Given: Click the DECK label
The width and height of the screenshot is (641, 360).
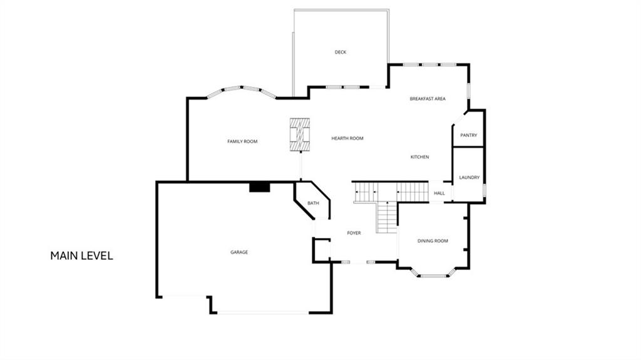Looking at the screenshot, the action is (x=341, y=52).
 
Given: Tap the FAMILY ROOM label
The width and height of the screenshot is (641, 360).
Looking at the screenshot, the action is (x=242, y=141).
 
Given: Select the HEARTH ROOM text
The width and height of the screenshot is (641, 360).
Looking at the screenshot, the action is (x=347, y=138).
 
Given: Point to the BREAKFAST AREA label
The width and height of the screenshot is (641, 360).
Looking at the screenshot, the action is (x=428, y=98).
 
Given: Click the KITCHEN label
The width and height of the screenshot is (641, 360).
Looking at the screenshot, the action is (x=420, y=157).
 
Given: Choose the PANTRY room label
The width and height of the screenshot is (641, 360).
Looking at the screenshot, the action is (x=468, y=135).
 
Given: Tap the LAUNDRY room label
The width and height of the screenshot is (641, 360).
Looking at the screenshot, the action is (x=469, y=178).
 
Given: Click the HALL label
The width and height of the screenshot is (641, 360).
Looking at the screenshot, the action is (x=439, y=193).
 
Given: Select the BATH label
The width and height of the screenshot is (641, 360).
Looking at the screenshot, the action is (x=313, y=203).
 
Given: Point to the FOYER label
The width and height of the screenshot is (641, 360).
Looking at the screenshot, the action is (x=354, y=233).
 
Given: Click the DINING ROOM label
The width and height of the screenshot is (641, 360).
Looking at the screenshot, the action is (x=433, y=241).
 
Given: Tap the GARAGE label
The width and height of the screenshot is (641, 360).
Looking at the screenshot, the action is (x=239, y=252).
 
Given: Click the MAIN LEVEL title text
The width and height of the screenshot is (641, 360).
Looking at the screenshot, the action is (x=82, y=255).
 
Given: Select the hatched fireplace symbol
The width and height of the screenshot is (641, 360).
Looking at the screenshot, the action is (x=300, y=135).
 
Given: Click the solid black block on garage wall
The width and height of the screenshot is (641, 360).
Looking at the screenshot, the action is (x=260, y=187).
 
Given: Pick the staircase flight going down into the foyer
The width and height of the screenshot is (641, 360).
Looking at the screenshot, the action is (x=387, y=217).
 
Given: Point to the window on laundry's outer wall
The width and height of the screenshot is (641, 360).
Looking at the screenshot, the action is (x=485, y=190).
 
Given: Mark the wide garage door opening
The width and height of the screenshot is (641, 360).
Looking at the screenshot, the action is (x=262, y=313).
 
